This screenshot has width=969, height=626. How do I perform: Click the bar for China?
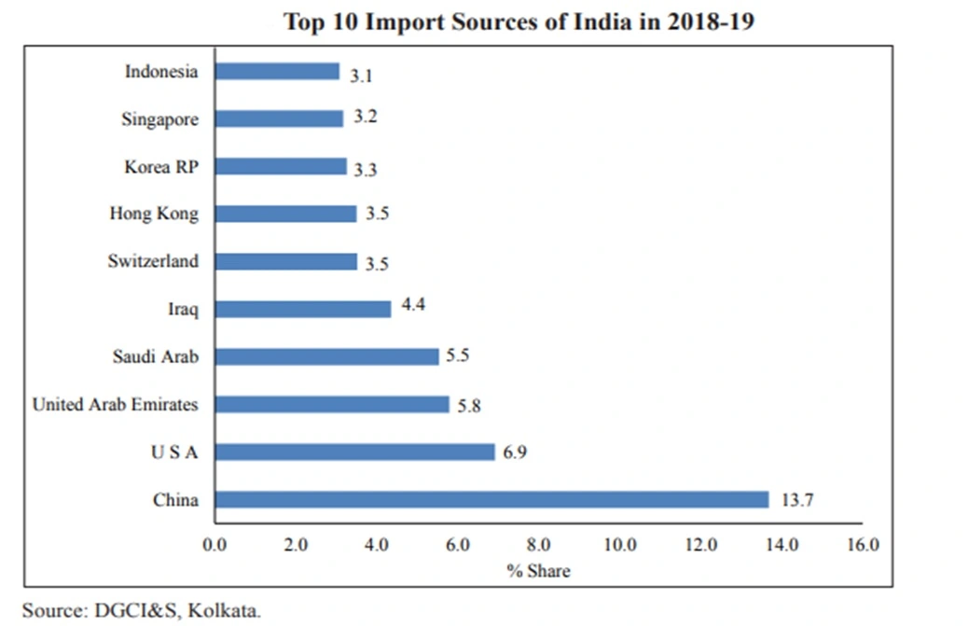click(491, 500)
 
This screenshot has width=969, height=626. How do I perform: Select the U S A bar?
click(354, 452)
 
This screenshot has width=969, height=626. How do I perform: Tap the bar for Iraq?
click(303, 309)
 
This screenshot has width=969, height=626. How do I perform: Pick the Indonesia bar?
click(277, 72)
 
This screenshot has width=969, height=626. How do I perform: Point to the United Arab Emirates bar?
click(332, 405)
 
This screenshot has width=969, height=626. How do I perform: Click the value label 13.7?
click(797, 501)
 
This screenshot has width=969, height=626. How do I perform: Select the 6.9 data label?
click(516, 452)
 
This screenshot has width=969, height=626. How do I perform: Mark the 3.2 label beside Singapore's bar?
click(366, 118)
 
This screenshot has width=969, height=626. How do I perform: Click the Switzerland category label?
click(153, 261)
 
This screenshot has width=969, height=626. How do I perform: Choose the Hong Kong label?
click(154, 214)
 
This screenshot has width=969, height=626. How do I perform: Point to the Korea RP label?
click(161, 167)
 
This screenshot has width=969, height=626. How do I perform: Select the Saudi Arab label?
click(155, 356)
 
